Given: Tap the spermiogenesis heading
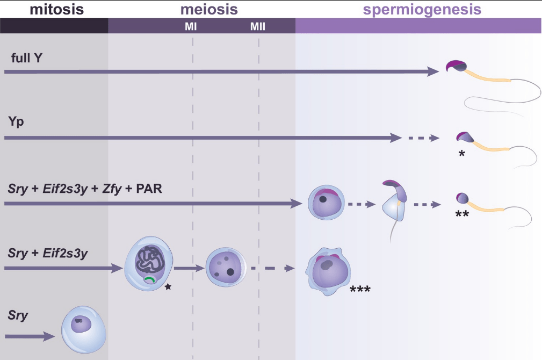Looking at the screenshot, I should tap(422, 9).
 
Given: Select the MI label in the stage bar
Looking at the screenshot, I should tap(190, 26).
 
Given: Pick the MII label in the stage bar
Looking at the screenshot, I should tap(258, 26).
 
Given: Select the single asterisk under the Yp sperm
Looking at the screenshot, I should tap(461, 154).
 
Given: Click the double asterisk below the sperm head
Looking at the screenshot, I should tap(462, 214).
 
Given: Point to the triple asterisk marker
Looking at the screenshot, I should tap(360, 290).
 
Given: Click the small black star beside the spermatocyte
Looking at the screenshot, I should tap(168, 287).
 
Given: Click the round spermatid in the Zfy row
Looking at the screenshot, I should tap(324, 203).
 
